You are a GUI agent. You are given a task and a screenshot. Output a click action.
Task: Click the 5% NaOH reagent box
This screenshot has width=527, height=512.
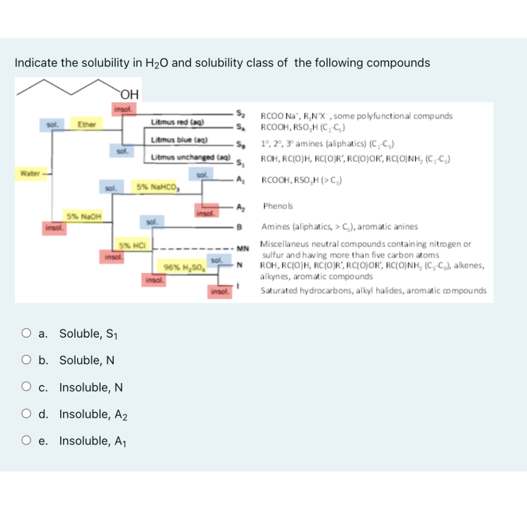click(82, 216)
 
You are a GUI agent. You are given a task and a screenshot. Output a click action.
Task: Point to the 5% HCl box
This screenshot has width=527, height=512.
click(131, 245)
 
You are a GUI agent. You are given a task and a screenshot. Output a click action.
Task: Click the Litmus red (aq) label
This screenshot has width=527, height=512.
click(178, 122)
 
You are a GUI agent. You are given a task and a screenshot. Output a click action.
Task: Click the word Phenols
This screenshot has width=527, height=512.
click(278, 206)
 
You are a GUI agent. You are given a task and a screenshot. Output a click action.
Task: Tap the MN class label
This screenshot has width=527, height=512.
click(242, 249)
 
